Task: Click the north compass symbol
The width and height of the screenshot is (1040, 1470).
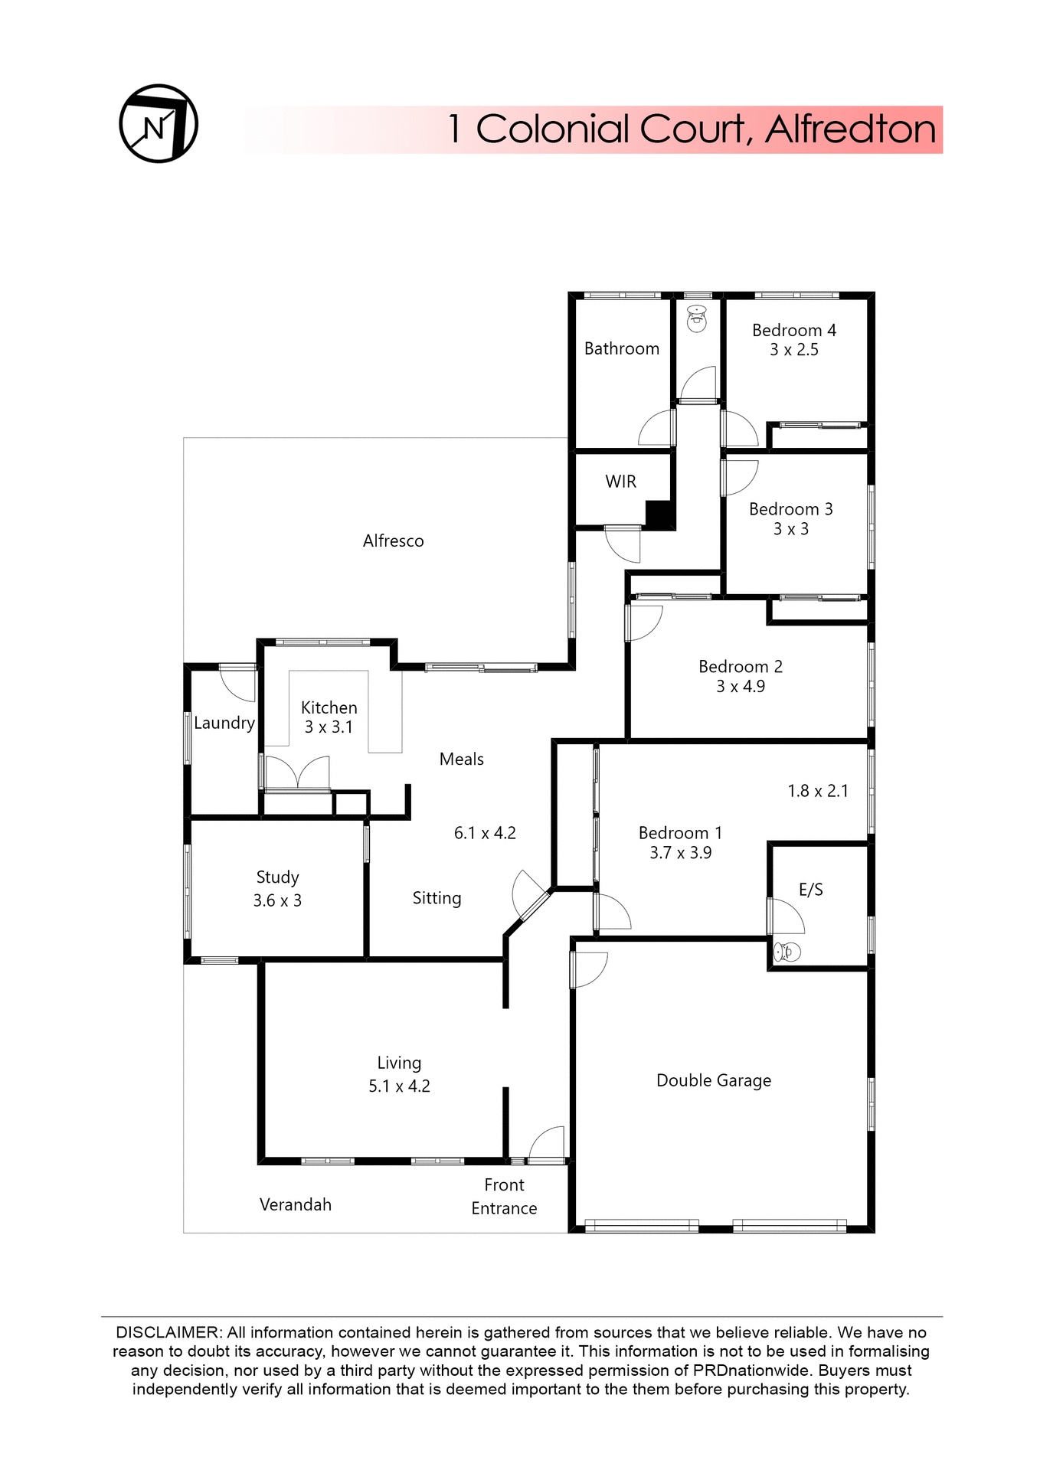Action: pos(159,124)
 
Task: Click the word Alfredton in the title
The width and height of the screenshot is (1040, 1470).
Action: pos(850,129)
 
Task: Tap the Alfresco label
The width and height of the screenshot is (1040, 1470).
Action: pos(393,541)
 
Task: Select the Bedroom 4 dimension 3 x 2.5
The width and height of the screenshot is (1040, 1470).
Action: pos(794,350)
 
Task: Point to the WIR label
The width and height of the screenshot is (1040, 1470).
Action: pos(620,482)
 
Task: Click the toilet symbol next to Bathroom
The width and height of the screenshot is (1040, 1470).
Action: pos(696,318)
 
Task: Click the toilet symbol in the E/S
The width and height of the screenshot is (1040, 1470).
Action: pos(787,952)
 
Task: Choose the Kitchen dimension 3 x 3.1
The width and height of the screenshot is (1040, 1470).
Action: pos(329,727)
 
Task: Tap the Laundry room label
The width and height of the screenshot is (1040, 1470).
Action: pos(224,723)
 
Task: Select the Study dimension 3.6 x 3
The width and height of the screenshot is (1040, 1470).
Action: pos(277,900)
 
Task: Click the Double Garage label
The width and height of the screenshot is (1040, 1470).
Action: pos(714,1080)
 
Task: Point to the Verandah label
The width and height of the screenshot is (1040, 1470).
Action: pos(296,1204)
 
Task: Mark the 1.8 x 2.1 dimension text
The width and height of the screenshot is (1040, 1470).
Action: pos(818,791)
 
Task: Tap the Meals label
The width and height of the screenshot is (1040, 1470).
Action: pos(462,759)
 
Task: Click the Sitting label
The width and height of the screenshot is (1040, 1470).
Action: pos(437,898)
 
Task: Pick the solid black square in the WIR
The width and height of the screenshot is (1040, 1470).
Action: pos(659,513)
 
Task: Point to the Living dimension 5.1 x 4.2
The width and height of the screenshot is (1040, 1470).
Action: pos(399,1086)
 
